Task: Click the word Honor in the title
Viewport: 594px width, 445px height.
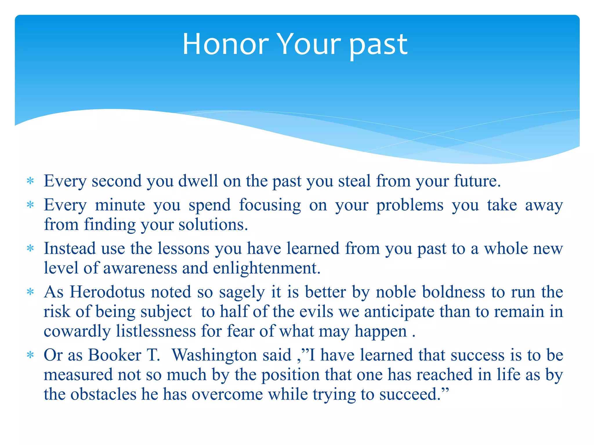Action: tap(226, 44)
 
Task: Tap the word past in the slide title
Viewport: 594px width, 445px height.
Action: tap(378, 45)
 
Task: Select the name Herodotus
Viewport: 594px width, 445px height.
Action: tap(107, 292)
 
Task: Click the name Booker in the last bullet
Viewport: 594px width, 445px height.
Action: tap(115, 355)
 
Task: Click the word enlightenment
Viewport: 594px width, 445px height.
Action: tap(267, 268)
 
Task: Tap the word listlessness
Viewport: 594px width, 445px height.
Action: tap(156, 331)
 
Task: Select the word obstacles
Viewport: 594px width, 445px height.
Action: tap(103, 394)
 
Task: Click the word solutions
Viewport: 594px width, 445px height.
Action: tap(213, 225)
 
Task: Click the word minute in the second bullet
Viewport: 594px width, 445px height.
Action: tap(120, 205)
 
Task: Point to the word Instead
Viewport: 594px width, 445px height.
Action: tap(70, 249)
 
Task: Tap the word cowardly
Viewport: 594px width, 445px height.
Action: tap(77, 332)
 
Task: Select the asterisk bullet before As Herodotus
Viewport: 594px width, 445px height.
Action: tap(30, 292)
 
